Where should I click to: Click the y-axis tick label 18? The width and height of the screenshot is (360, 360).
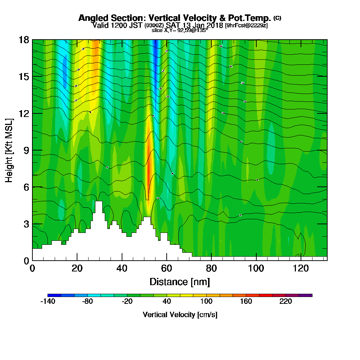click(24, 40)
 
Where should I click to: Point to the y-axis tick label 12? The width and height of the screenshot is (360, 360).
click(24, 113)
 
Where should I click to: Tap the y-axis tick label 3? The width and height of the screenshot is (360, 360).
click(26, 224)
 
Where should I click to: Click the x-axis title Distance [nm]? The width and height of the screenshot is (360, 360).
click(180, 282)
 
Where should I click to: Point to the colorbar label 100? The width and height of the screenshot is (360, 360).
click(206, 302)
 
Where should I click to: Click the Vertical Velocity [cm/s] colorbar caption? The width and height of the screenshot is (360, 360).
click(180, 315)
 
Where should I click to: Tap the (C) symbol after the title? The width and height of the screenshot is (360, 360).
click(277, 18)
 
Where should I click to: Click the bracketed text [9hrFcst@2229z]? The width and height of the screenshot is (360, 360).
click(246, 26)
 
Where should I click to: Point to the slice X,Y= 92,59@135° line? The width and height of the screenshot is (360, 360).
click(180, 31)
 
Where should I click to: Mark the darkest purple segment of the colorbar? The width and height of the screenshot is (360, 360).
click(306, 295)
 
